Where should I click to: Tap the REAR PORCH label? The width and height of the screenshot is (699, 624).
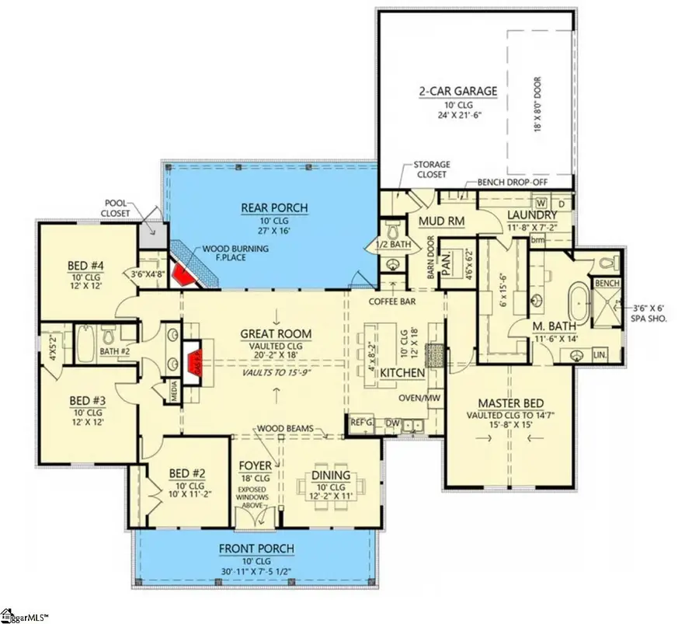click(263, 207)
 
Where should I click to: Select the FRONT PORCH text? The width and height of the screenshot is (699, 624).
click(256, 549)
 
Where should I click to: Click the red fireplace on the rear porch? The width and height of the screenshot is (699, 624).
click(183, 274)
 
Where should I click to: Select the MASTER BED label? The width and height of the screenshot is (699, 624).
click(509, 403)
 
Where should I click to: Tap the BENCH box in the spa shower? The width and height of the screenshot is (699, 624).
click(605, 284)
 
